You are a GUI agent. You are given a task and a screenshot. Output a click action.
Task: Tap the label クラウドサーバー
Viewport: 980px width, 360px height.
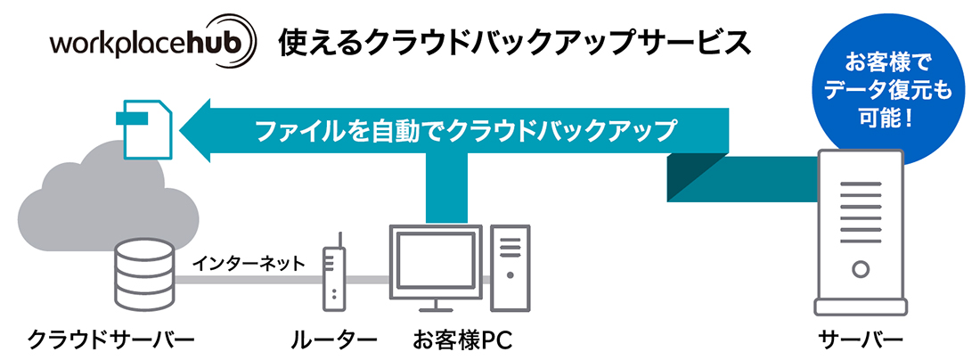coord(111,340)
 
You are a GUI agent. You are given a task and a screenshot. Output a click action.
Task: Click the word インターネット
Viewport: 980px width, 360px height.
coord(249,263)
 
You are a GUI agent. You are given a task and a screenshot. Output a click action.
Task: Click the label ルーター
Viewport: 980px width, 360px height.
coord(333,340)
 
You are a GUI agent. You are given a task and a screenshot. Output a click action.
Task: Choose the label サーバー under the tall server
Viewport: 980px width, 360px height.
coord(861,340)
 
